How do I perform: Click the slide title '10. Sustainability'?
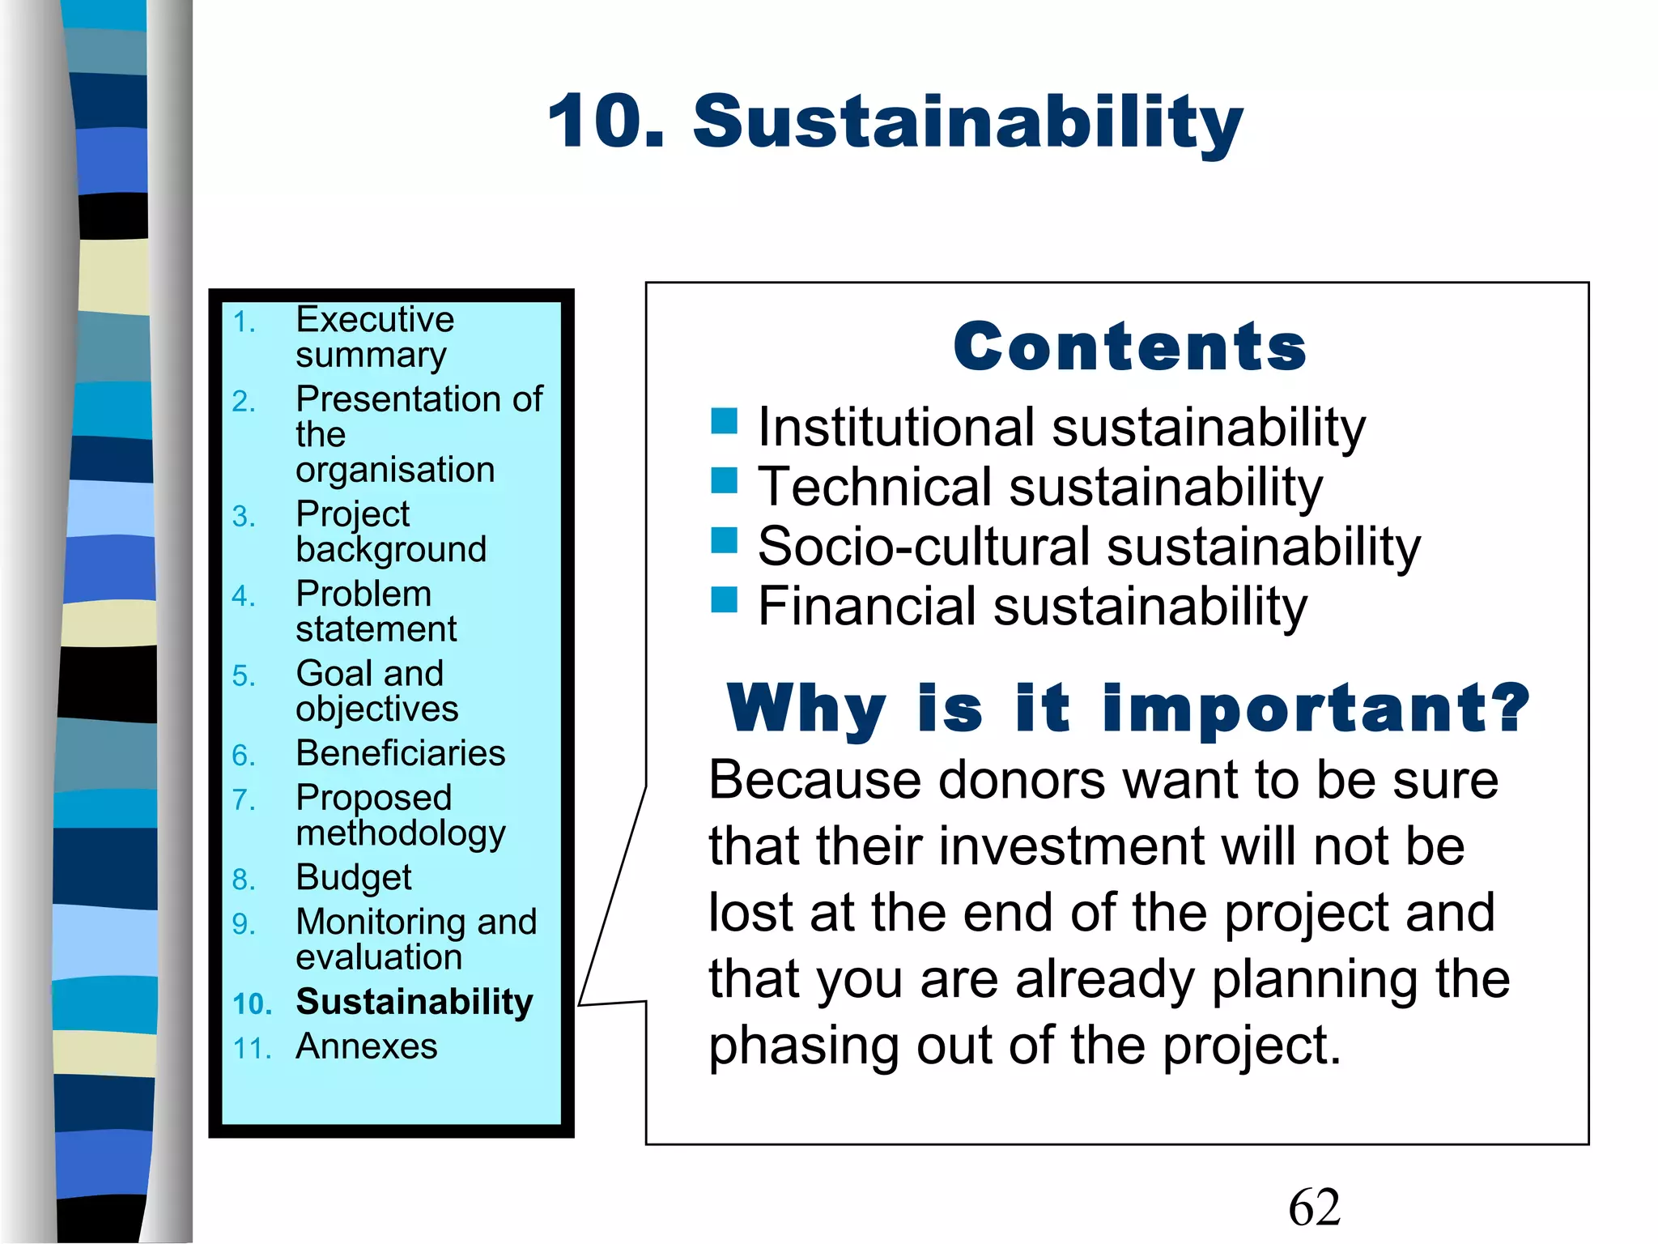pyautogui.click(x=895, y=121)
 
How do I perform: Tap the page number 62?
pyautogui.click(x=1314, y=1207)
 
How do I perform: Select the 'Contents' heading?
pyautogui.click(x=1129, y=347)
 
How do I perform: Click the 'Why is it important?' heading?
pyautogui.click(x=1128, y=709)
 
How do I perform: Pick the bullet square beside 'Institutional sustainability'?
pyautogui.click(x=724, y=421)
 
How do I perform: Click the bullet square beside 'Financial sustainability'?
pyautogui.click(x=724, y=600)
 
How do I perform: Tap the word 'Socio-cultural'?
pyautogui.click(x=923, y=547)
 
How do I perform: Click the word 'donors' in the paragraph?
pyautogui.click(x=1022, y=780)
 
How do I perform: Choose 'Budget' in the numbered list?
pyautogui.click(x=354, y=877)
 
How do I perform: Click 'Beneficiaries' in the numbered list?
pyautogui.click(x=401, y=753)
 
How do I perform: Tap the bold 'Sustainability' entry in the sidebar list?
pyautogui.click(x=414, y=1002)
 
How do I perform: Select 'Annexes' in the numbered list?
pyautogui.click(x=367, y=1046)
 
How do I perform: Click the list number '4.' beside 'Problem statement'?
pyautogui.click(x=243, y=597)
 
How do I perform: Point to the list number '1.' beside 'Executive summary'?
pyautogui.click(x=244, y=323)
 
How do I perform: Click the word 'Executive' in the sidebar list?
pyautogui.click(x=375, y=319)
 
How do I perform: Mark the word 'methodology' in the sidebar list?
pyautogui.click(x=401, y=833)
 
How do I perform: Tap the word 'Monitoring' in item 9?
pyautogui.click(x=382, y=922)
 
